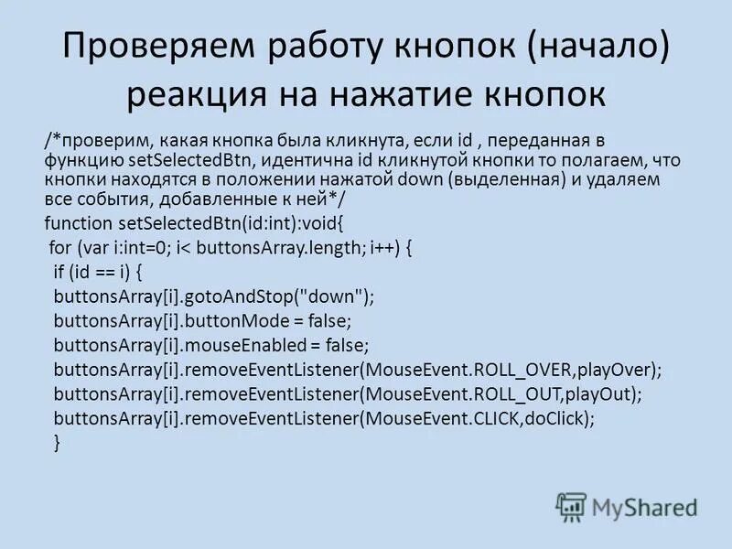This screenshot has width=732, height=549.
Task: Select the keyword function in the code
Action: click(78, 223)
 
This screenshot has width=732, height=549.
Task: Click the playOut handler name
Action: click(601, 394)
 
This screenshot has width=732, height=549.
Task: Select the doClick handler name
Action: click(559, 418)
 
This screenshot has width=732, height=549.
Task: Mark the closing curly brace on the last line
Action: click(58, 442)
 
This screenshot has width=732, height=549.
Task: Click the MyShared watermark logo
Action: click(628, 507)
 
